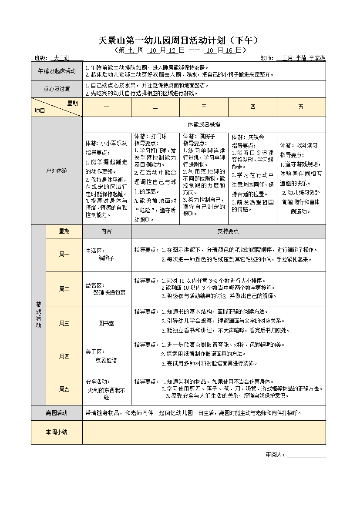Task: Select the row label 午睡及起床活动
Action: [x=57, y=71]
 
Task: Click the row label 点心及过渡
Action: [x=57, y=89]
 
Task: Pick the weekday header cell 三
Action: [x=204, y=107]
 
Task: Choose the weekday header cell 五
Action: [x=301, y=107]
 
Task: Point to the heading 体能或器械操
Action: [x=204, y=124]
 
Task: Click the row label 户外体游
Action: [x=57, y=171]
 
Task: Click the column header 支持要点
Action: [x=228, y=231]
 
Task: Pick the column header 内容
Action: [x=106, y=231]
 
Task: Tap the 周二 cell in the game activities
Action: [x=64, y=289]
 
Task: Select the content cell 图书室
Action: [x=106, y=324]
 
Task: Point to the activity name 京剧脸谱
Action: [x=106, y=360]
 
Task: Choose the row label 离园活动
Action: [x=57, y=413]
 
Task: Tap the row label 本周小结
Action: [x=57, y=432]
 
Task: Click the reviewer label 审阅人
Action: [x=275, y=455]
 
